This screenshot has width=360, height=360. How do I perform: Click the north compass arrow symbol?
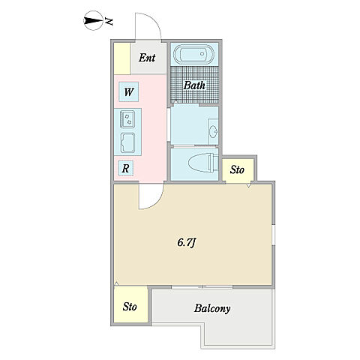click(x=93, y=21)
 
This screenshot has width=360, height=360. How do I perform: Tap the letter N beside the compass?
click(x=109, y=21)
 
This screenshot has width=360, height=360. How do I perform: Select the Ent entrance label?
click(x=147, y=58)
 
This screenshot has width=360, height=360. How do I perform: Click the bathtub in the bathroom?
click(x=194, y=54)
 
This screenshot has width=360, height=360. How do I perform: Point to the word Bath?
click(x=194, y=85)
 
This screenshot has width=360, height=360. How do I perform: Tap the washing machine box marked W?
click(x=129, y=91)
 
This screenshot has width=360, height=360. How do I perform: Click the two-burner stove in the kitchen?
click(x=127, y=119)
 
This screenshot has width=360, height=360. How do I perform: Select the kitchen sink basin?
click(x=127, y=142)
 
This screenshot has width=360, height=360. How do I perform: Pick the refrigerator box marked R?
click(x=125, y=168)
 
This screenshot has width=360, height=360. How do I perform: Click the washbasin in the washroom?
click(x=214, y=131)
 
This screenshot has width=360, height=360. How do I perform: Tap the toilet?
click(x=203, y=163)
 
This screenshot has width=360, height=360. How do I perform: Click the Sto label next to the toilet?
click(x=237, y=170)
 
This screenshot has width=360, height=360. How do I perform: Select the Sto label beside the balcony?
click(x=130, y=307)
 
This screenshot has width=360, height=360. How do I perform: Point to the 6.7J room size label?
click(x=186, y=242)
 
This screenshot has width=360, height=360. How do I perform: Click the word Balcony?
click(x=212, y=308)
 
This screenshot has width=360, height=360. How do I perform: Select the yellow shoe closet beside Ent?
click(x=122, y=58)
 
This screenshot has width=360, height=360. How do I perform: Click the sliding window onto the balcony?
click(x=202, y=287)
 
